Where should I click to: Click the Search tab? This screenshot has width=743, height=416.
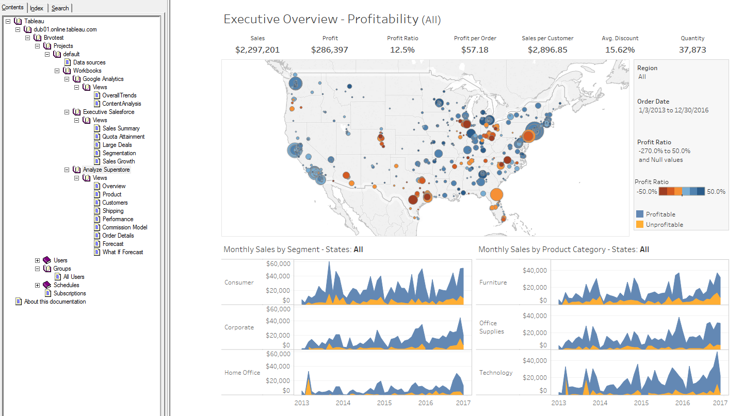pos(60,8)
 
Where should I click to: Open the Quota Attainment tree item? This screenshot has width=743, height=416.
pos(123,137)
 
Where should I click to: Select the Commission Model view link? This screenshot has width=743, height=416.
pos(124,227)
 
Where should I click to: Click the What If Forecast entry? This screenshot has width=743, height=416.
pos(122,252)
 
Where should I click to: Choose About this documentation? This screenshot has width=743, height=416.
pos(55,302)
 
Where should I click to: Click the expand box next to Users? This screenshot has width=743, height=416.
pos(38,260)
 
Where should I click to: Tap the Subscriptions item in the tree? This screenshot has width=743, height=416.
pos(70,293)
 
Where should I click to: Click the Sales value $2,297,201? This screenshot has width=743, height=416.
pos(257,50)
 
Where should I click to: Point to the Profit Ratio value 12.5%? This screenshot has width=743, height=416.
pos(402,50)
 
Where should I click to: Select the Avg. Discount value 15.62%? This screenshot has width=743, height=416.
pos(620,50)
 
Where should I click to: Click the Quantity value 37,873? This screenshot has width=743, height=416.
pos(692,50)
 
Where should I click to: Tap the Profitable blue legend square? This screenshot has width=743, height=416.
pos(640,214)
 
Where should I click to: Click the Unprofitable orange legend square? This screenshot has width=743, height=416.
pos(640,224)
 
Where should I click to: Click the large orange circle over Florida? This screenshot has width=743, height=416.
pos(496,195)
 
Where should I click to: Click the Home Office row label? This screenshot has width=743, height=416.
pos(242,373)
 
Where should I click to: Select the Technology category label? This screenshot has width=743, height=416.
pos(495,373)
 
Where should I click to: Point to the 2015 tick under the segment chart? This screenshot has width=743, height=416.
pos(384,403)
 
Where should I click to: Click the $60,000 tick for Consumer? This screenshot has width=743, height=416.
pos(278,264)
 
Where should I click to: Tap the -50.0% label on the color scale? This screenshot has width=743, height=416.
pos(646,192)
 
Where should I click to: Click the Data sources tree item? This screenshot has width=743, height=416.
pos(89,62)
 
